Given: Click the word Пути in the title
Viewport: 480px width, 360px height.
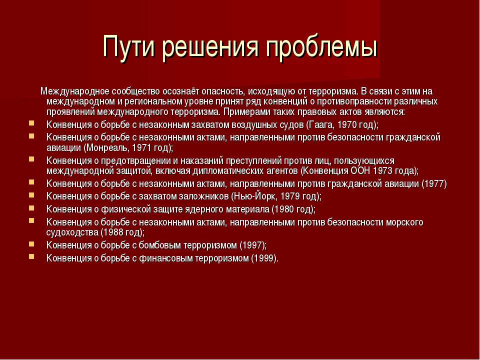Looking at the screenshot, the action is (x=129, y=46).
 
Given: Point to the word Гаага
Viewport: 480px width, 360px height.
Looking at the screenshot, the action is (x=321, y=125).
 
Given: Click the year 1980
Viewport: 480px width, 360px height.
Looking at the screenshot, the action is (x=283, y=209).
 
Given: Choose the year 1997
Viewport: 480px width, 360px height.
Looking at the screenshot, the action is (x=253, y=245).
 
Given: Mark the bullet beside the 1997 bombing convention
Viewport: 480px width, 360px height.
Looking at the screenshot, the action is (x=31, y=244).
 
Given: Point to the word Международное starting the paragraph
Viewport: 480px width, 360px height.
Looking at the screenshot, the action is (x=75, y=91).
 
